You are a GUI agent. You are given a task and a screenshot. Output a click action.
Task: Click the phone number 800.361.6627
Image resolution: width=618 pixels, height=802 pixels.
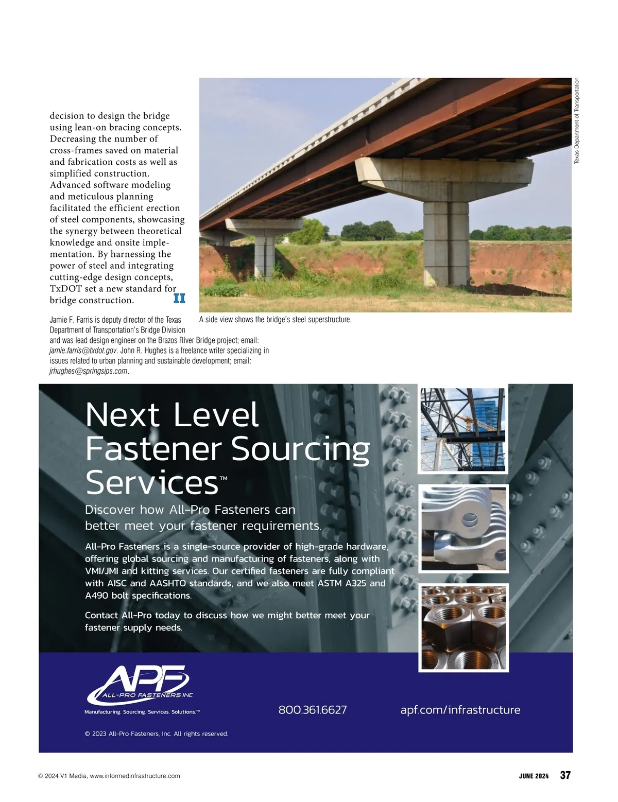pyautogui.click(x=313, y=710)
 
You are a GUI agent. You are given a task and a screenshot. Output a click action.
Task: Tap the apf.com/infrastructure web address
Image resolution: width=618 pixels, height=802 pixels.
pyautogui.click(x=460, y=710)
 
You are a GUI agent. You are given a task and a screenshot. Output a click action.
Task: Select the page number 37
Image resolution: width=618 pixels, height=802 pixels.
pyautogui.click(x=565, y=775)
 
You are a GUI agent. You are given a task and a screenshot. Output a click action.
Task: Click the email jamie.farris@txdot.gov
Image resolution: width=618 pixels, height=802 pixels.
pyautogui.click(x=83, y=351)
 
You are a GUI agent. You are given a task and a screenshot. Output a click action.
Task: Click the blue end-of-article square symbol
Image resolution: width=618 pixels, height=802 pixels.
pyautogui.click(x=179, y=298)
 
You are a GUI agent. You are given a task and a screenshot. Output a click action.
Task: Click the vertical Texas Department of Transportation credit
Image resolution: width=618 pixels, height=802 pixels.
pyautogui.click(x=577, y=121)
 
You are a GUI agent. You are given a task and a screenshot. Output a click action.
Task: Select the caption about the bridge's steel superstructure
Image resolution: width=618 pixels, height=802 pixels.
pyautogui.click(x=275, y=320)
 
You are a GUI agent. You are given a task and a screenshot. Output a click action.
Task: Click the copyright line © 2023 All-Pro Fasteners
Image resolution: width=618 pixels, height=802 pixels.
pyautogui.click(x=156, y=734)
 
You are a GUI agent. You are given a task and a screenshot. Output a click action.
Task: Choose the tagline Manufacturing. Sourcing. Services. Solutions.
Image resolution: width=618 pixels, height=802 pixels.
pyautogui.click(x=142, y=712)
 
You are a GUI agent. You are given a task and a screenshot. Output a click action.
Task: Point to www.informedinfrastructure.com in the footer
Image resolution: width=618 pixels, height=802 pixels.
pyautogui.click(x=135, y=776)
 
